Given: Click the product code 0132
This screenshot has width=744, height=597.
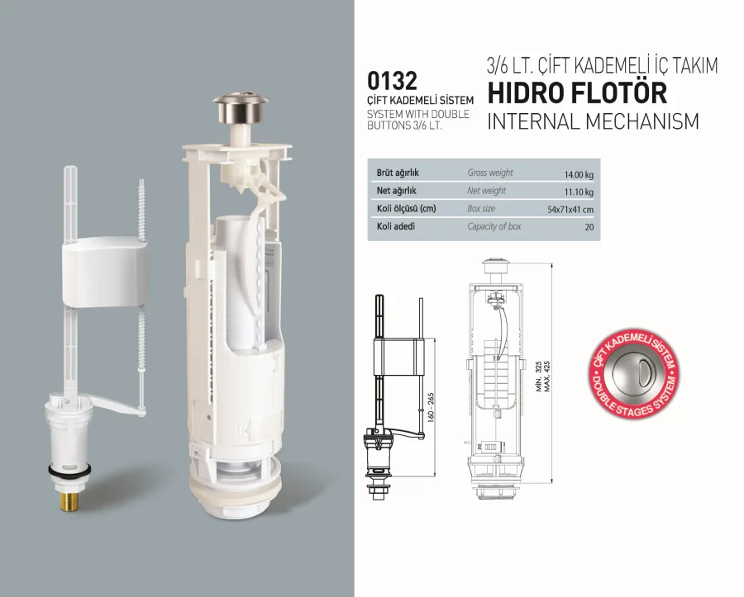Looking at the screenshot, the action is click(x=392, y=81).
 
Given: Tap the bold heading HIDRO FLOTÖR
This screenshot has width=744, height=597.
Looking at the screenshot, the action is click(x=577, y=92).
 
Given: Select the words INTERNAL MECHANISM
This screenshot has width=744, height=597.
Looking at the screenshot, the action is click(x=593, y=121).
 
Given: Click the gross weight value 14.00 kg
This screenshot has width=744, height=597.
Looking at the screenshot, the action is click(x=579, y=175).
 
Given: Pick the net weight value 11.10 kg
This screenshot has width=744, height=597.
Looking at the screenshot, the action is click(x=579, y=192).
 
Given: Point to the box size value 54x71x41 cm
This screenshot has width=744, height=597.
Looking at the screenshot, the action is click(x=570, y=210).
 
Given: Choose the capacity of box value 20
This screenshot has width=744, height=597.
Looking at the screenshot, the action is click(x=589, y=227).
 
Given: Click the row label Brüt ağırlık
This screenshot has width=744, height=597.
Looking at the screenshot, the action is click(x=398, y=173).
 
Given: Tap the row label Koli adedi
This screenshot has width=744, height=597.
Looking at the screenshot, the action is click(x=396, y=226).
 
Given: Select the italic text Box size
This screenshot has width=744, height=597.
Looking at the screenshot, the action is click(x=481, y=208).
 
